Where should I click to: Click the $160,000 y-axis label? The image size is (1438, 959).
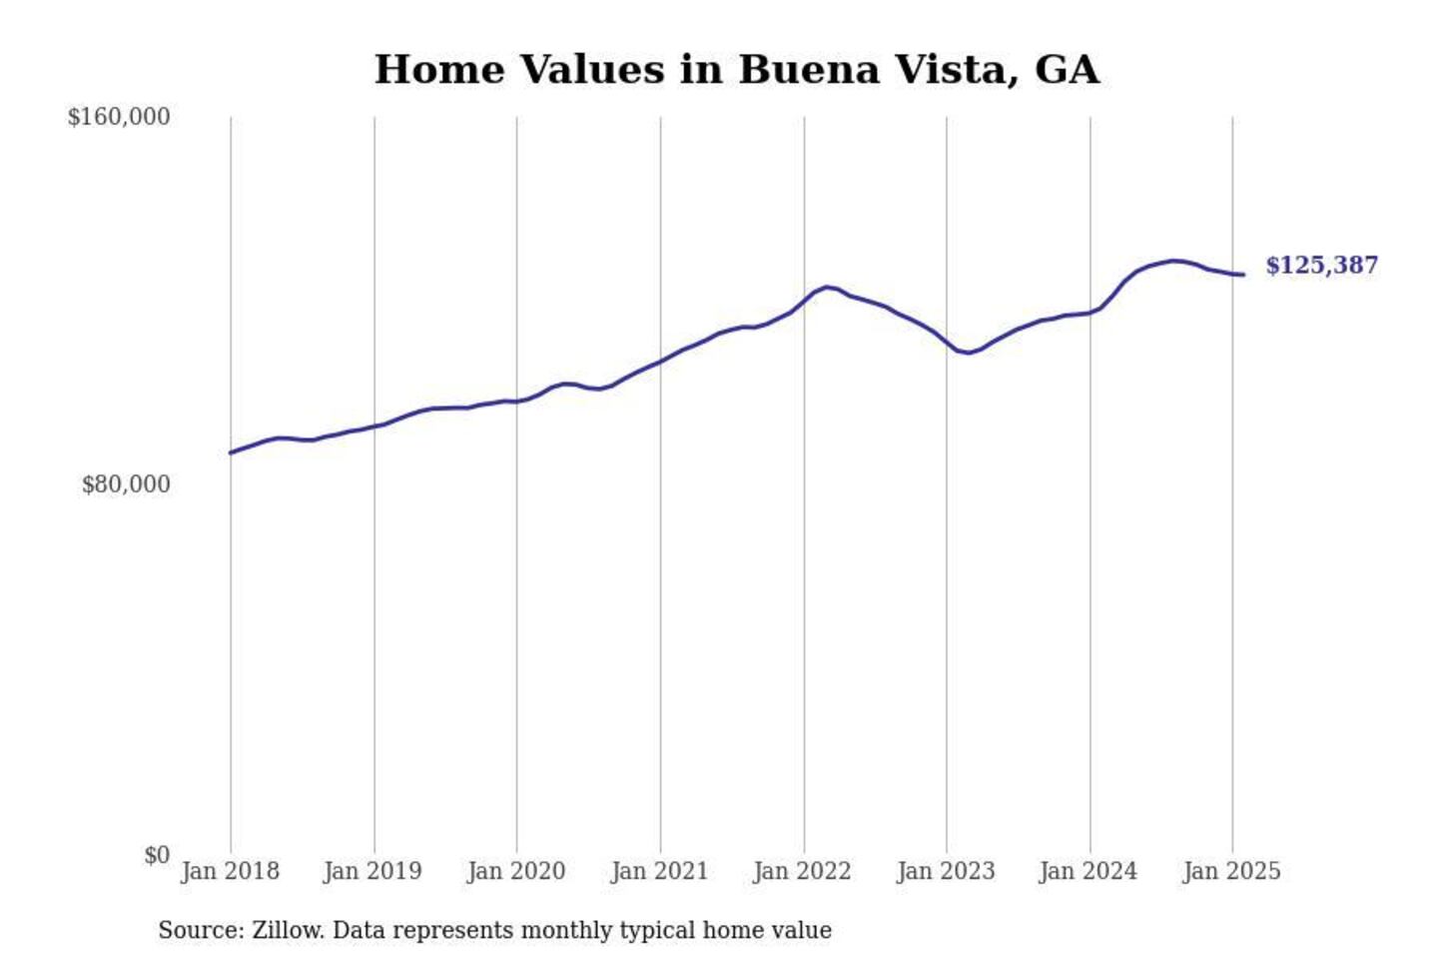click(119, 117)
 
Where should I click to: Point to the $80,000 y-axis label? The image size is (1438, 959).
click(126, 484)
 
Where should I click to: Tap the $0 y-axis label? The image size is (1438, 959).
click(157, 855)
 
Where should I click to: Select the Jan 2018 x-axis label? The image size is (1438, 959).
click(230, 871)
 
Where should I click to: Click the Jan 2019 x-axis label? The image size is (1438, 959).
click(372, 871)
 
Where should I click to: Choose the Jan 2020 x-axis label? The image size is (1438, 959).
click(516, 871)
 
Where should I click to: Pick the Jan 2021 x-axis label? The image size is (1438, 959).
click(659, 871)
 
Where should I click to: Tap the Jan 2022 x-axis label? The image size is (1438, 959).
click(802, 871)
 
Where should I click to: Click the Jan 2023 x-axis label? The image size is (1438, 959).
click(946, 871)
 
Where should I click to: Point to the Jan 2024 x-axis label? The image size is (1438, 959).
click(1087, 871)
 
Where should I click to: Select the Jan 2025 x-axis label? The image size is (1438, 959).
click(1231, 871)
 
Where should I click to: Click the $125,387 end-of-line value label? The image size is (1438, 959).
click(1321, 265)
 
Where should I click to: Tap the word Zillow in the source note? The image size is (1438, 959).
click(288, 930)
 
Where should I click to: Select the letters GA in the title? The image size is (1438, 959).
click(1067, 70)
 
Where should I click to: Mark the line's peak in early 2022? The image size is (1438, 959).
click(828, 287)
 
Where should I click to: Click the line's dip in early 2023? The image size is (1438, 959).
click(968, 353)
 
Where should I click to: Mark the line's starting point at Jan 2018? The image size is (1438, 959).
click(231, 453)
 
